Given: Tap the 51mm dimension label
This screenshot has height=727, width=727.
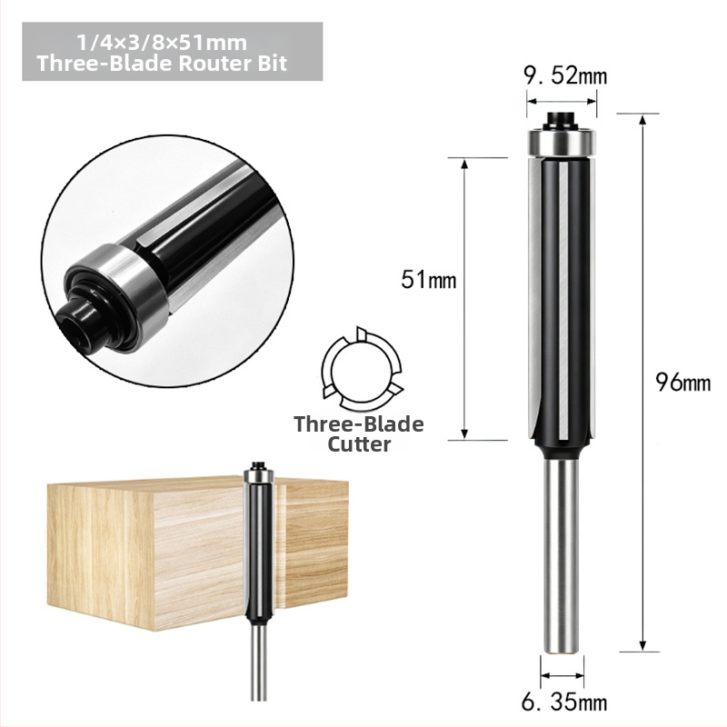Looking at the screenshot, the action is click(429, 280).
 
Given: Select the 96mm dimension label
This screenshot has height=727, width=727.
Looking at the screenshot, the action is click(683, 383).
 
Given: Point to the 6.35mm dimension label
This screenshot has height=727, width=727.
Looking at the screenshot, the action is click(563, 702).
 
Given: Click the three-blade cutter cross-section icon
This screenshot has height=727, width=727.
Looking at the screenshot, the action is click(362, 370).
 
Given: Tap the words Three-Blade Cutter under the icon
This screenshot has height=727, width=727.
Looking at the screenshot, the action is click(359, 434).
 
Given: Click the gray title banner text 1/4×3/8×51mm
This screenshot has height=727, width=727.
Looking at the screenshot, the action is click(163, 43).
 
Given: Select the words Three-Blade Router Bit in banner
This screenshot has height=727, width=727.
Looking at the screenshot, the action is click(163, 63).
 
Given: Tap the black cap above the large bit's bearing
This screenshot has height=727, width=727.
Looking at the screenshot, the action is click(561, 120).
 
